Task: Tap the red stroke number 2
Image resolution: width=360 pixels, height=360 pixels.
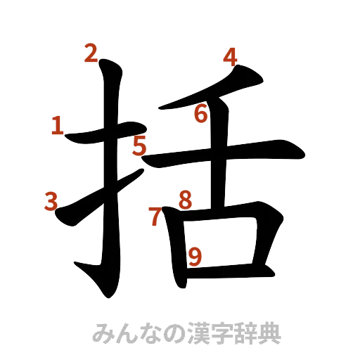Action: pyautogui.click(x=91, y=53)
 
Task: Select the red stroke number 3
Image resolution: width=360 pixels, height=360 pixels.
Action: pyautogui.click(x=51, y=202)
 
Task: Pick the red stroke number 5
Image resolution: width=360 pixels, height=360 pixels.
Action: pyautogui.click(x=139, y=147)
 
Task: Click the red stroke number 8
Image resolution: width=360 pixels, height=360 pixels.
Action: pyautogui.click(x=184, y=200)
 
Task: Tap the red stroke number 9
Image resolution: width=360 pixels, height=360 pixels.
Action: pyautogui.click(x=195, y=256)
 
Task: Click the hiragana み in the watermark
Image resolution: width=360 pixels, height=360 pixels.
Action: pyautogui.click(x=103, y=333)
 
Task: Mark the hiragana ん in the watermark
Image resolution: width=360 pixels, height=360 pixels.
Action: pyautogui.click(x=127, y=333)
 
